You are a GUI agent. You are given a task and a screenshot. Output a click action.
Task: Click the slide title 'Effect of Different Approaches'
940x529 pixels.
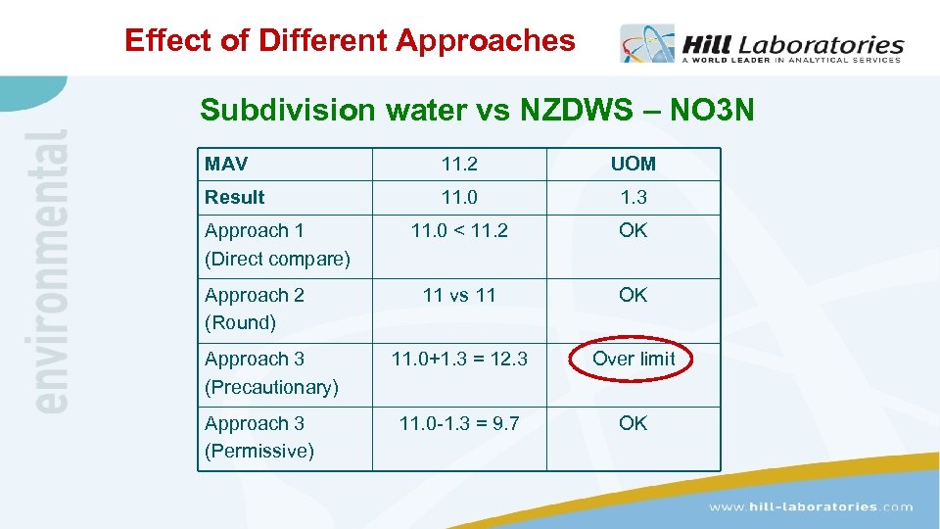pos(350,41)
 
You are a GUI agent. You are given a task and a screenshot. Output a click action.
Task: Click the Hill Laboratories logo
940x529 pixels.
pos(761,45)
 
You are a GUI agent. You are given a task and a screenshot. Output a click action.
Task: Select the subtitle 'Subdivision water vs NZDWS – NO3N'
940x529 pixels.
pos(477,110)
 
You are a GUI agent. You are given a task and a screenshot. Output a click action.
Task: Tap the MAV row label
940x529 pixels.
pos(226,164)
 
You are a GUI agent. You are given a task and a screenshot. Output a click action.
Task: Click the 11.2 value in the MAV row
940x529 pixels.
pos(459,164)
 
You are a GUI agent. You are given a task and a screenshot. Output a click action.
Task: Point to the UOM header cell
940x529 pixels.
pos(634,164)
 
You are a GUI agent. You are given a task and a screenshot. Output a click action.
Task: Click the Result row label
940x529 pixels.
pos(235,197)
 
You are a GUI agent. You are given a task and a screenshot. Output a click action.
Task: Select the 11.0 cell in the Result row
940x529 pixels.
pos(459,197)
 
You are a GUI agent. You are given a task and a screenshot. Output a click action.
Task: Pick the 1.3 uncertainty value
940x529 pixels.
pos(634,197)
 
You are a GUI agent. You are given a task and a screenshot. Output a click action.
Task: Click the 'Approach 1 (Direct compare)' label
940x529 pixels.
pos(277,245)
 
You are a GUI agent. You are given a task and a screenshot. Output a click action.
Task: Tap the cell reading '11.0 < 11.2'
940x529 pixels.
pos(459,231)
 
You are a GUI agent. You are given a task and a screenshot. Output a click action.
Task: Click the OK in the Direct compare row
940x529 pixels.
pos(634,231)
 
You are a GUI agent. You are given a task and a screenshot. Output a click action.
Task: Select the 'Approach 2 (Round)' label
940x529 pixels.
pos(255,309)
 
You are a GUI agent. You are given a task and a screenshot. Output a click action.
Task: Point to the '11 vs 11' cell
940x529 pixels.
pos(459,295)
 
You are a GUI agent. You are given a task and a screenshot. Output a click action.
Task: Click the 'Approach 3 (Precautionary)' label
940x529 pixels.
pos(271,373)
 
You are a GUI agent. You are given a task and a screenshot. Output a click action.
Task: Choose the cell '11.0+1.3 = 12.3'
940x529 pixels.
pos(459,360)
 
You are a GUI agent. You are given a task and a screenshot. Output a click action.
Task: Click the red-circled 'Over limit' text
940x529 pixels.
pos(634,359)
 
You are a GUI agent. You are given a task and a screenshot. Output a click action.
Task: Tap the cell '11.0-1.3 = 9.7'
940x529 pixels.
pos(459,423)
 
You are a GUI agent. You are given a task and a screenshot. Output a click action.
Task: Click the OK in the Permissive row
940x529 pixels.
pos(634,423)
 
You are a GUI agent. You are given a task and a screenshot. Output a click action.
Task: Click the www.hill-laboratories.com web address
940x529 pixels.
pos(811,506)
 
